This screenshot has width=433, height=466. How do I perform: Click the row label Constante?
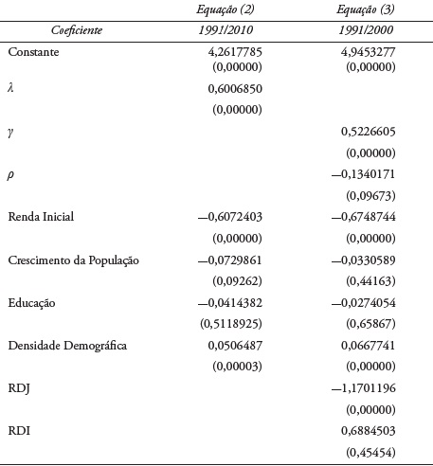coord(33,52)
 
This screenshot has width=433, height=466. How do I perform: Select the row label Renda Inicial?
coord(41,217)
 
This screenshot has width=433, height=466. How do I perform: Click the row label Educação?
coord(32,302)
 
